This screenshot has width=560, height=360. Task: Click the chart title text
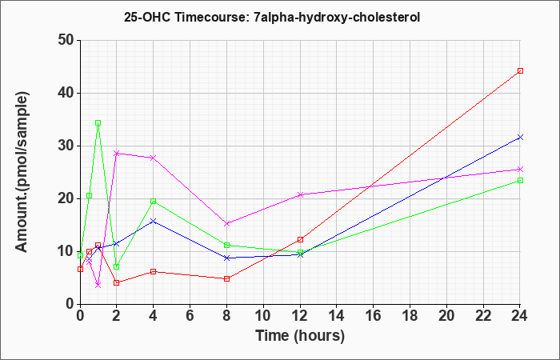pyautogui.click(x=272, y=17)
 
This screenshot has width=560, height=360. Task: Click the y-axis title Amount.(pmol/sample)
pyautogui.click(x=22, y=172)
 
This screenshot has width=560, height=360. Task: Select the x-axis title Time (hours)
pyautogui.click(x=300, y=336)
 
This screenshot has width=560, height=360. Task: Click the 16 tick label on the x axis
pyautogui.click(x=374, y=315)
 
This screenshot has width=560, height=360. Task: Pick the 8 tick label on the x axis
pyautogui.click(x=226, y=315)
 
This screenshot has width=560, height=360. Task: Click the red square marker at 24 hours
pyautogui.click(x=520, y=70)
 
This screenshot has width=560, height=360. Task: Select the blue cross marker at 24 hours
pyautogui.click(x=520, y=137)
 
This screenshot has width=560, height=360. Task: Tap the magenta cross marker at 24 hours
pyautogui.click(x=520, y=169)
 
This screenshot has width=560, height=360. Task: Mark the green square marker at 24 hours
pyautogui.click(x=520, y=180)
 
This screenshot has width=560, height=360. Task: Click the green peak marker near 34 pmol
pyautogui.click(x=98, y=123)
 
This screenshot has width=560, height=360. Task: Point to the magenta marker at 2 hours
pyautogui.click(x=116, y=154)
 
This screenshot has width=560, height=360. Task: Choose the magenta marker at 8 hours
pyautogui.click(x=226, y=223)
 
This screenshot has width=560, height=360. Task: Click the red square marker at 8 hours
pyautogui.click(x=226, y=278)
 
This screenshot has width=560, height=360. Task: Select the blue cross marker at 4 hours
pyautogui.click(x=154, y=221)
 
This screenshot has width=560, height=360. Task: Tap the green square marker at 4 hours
pyautogui.click(x=154, y=201)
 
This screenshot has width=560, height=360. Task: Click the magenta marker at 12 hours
pyautogui.click(x=300, y=194)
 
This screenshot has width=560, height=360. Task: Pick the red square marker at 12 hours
pyautogui.click(x=300, y=239)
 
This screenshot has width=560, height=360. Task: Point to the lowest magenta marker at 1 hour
pyautogui.click(x=98, y=285)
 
